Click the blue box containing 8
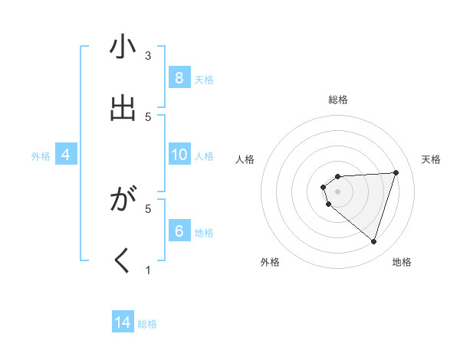(x=179, y=77)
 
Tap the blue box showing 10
(x=179, y=155)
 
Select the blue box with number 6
(x=179, y=231)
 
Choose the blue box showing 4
(x=66, y=155)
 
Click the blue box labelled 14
(x=123, y=322)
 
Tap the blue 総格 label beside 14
(x=147, y=324)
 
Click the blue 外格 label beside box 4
(x=41, y=156)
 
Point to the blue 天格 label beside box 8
(x=204, y=79)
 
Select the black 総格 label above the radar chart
(x=337, y=100)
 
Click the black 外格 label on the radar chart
(x=270, y=262)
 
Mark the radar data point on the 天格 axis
(x=396, y=172)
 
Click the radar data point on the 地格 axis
(x=373, y=241)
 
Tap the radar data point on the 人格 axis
(x=324, y=187)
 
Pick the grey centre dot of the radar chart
(x=337, y=191)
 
